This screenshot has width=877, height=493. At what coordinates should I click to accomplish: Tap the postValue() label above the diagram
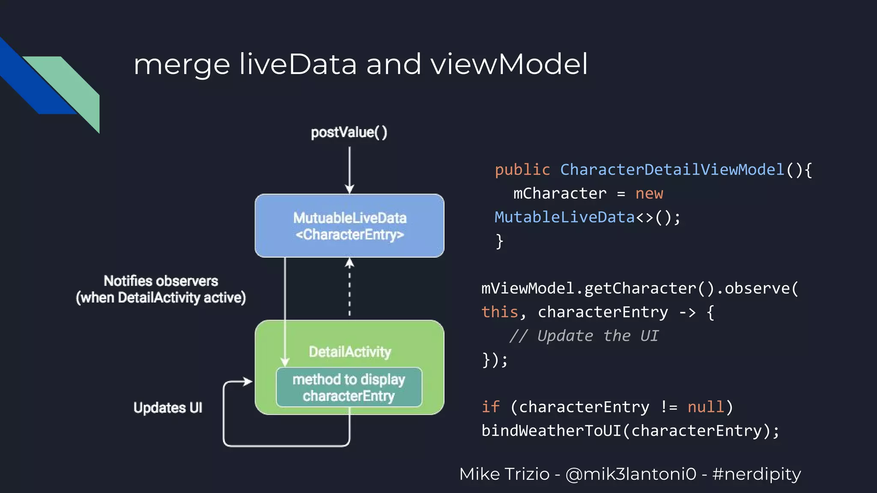coord(349,132)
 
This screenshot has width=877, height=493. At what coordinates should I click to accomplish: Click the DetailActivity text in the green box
coord(350,352)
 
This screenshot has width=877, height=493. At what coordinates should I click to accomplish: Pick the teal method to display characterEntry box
coord(349,387)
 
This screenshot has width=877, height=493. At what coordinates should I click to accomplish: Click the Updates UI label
coord(167,407)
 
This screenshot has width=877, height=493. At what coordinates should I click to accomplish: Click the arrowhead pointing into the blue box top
coord(349,189)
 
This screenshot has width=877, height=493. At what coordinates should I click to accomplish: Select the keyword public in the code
coord(522,170)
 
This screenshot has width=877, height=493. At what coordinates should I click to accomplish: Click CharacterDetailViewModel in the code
coord(672,170)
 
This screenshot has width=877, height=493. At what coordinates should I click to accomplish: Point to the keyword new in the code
coord(649,193)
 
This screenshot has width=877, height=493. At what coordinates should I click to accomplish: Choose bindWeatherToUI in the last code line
coord(551,431)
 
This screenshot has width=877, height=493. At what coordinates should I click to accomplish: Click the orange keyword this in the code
coord(500,312)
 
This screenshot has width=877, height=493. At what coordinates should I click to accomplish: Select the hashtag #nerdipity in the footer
coord(756,474)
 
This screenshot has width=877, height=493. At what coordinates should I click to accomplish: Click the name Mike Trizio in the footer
coord(504,474)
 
